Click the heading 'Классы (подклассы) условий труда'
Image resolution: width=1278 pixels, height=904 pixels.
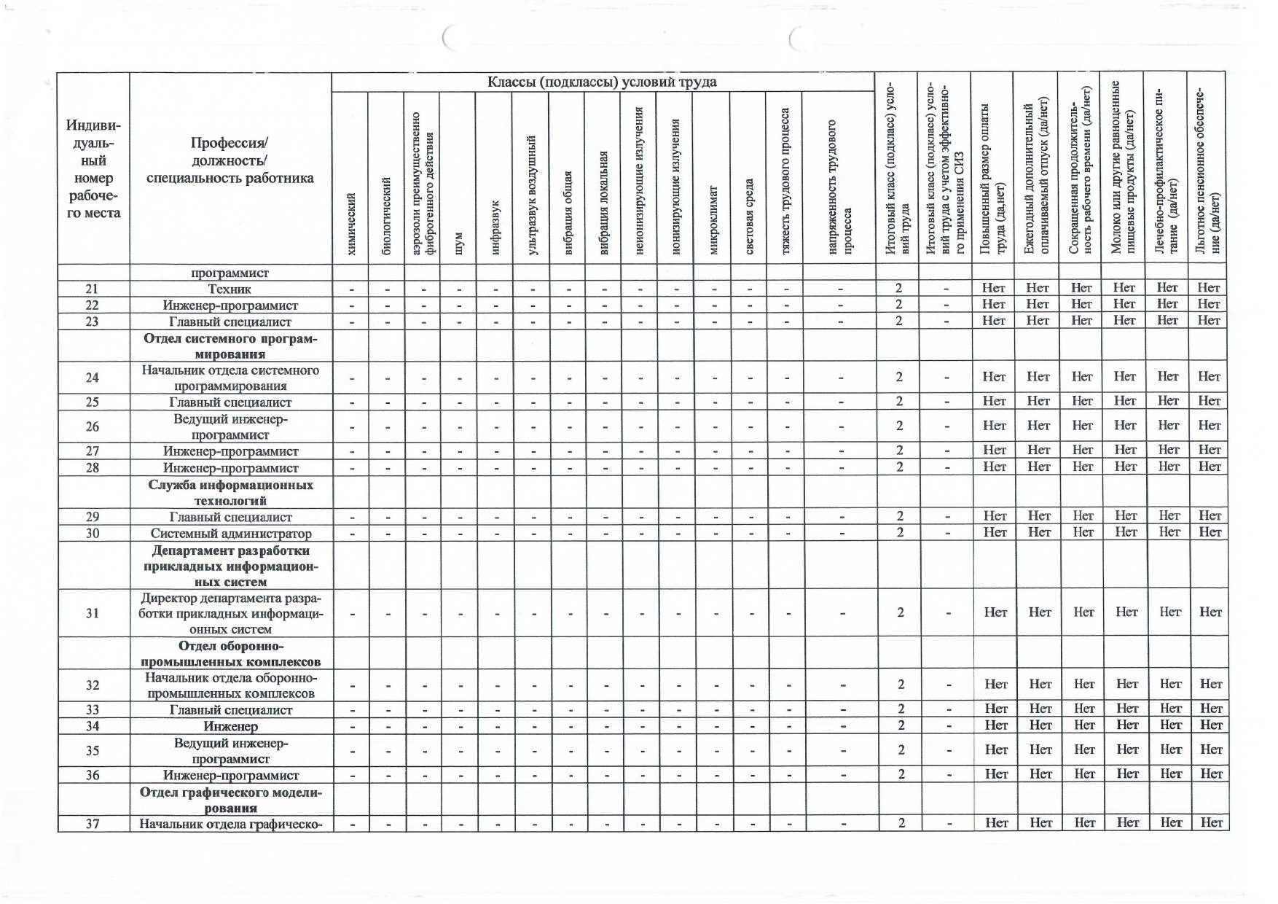602,82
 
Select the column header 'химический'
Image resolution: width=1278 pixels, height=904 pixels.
351,223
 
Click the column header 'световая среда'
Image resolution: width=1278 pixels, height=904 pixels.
749,216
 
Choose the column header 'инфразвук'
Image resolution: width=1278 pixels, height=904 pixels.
495,226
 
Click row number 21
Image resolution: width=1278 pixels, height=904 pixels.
92,289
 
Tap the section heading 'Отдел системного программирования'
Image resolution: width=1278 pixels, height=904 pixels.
230,346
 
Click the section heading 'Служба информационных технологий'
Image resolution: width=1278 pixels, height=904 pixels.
230,493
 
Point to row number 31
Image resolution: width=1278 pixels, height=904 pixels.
93,613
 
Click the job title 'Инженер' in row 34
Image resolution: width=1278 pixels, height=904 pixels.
231,726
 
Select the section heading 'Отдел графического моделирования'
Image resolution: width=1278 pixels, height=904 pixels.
230,800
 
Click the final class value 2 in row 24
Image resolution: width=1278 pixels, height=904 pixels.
899,377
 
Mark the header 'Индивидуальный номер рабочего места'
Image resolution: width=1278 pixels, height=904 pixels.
93,170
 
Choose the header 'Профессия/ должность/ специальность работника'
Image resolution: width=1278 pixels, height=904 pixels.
230,160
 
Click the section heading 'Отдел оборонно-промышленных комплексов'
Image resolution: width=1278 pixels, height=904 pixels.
230,654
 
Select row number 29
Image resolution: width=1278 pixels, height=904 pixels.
93,517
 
